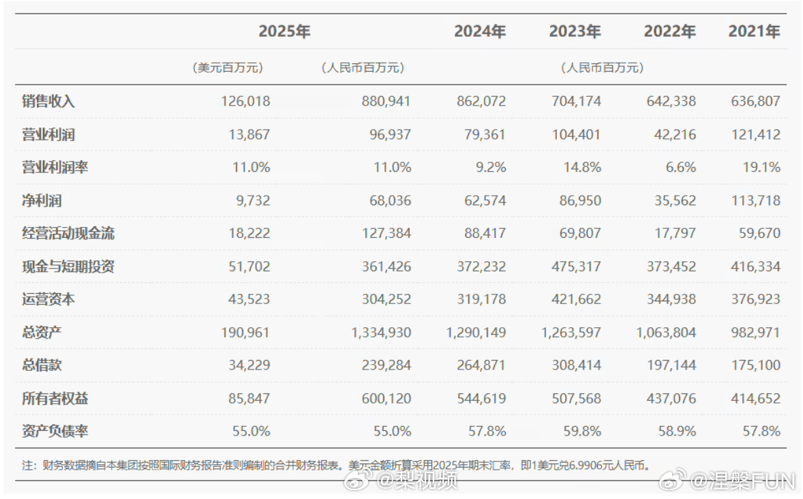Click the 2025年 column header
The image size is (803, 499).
[284, 32]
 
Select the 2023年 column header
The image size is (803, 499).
[575, 32]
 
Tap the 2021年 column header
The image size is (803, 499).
[754, 32]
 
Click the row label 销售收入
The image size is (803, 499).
[48, 102]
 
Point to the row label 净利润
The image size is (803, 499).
[43, 200]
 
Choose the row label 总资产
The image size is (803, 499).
[43, 332]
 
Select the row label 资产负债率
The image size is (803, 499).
[55, 431]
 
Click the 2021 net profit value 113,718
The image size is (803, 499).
[755, 200]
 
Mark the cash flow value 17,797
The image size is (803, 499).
[673, 233]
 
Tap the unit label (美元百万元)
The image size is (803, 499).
[228, 68]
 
